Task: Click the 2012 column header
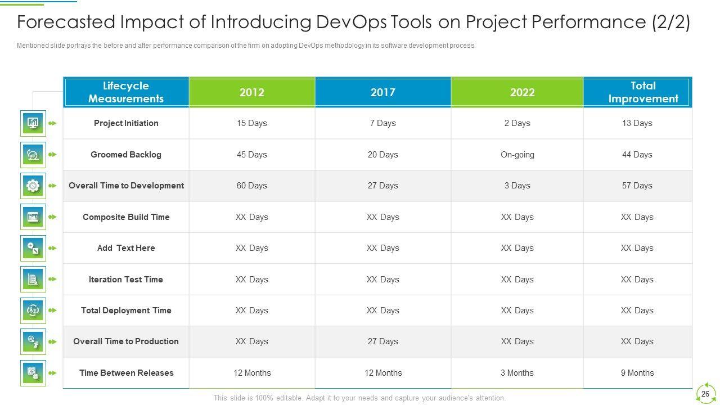pyautogui.click(x=251, y=92)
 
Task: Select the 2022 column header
pyautogui.click(x=522, y=92)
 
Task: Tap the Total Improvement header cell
pyautogui.click(x=643, y=92)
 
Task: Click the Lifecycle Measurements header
pyautogui.click(x=126, y=92)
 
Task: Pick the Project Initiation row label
pyautogui.click(x=126, y=123)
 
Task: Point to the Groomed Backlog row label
pyautogui.click(x=126, y=155)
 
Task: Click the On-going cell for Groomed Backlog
pyautogui.click(x=517, y=155)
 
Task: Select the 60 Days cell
pyautogui.click(x=251, y=186)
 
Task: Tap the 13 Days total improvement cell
pyautogui.click(x=637, y=123)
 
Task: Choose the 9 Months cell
pyautogui.click(x=637, y=373)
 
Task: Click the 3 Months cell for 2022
pyautogui.click(x=517, y=373)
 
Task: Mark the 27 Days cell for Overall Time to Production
pyautogui.click(x=382, y=341)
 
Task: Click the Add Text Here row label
pyautogui.click(x=126, y=248)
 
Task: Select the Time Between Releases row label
pyautogui.click(x=126, y=373)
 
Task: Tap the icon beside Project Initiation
pyautogui.click(x=33, y=123)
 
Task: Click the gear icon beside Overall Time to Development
pyautogui.click(x=33, y=186)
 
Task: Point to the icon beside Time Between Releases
pyautogui.click(x=33, y=373)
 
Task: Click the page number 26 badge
pyautogui.click(x=705, y=394)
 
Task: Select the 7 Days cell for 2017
pyautogui.click(x=382, y=123)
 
